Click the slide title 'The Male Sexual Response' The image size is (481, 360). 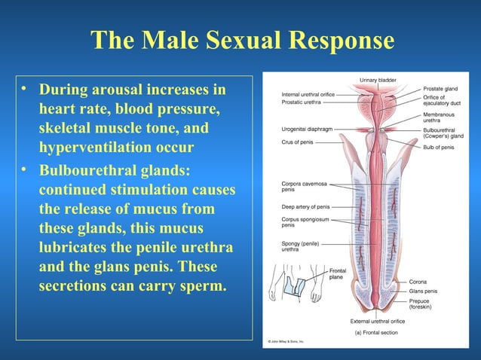point(241,41)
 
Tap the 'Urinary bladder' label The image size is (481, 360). point(378,80)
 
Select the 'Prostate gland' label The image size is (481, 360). point(440,89)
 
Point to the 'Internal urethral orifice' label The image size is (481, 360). point(307,95)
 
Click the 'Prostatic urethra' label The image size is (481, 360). point(302,102)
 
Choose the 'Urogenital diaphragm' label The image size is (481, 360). point(305,129)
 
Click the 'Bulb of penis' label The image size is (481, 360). point(438,148)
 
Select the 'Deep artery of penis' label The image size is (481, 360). point(305,206)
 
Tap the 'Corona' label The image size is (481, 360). point(418,282)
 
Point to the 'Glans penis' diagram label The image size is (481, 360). point(423,291)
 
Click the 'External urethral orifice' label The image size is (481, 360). point(377,322)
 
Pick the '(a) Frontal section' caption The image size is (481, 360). point(377,332)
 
